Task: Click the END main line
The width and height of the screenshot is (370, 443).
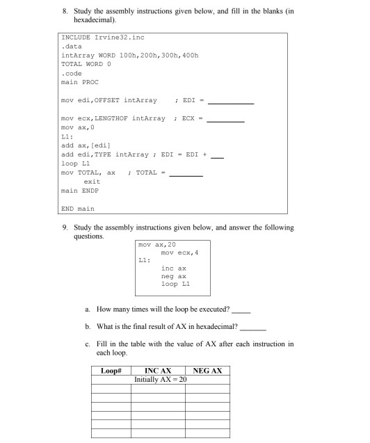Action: (78, 208)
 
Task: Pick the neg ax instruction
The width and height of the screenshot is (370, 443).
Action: (172, 275)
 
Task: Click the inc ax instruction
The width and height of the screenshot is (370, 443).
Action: (172, 268)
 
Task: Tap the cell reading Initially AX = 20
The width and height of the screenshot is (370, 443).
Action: (161, 380)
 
